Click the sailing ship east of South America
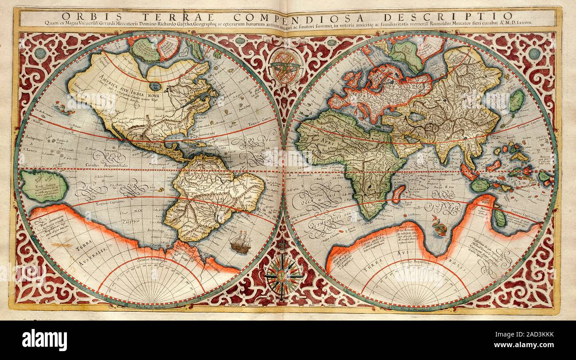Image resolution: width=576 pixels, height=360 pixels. [241, 243]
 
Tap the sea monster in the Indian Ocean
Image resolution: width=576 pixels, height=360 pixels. [439, 226]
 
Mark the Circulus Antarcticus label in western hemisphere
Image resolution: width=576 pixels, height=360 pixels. [151, 260]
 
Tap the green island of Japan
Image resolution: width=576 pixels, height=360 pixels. [517, 101]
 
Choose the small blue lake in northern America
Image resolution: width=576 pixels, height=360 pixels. [155, 86]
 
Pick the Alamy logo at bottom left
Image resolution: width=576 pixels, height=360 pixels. [44, 340]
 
